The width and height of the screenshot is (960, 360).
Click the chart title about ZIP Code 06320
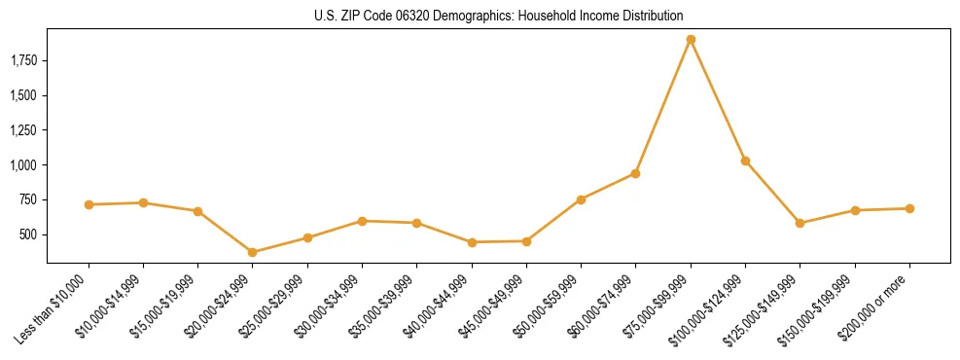pyautogui.click(x=498, y=16)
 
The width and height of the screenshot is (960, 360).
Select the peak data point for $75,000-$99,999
pyautogui.click(x=691, y=40)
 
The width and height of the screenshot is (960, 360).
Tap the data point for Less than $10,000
pyautogui.click(x=89, y=204)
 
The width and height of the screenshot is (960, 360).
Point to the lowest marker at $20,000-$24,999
pyautogui.click(x=253, y=252)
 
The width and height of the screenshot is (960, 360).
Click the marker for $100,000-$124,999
pyautogui.click(x=745, y=161)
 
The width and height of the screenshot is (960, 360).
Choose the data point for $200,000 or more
pyautogui.click(x=909, y=208)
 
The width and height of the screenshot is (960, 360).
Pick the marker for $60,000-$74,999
pyautogui.click(x=635, y=173)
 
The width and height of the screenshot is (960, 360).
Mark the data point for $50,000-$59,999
pyautogui.click(x=581, y=199)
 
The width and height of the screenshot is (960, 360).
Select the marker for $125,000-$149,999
pyautogui.click(x=800, y=223)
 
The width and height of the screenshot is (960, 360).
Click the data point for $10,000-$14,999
pyautogui.click(x=143, y=202)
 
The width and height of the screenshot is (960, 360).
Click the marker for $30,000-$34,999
pyautogui.click(x=362, y=221)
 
